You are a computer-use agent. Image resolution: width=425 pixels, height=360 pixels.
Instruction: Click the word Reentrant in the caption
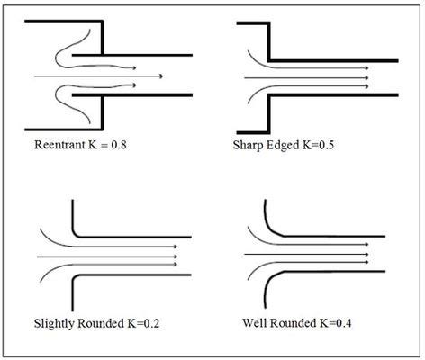coord(57,143)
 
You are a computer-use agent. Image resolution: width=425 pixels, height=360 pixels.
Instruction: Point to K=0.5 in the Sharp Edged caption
coord(334,143)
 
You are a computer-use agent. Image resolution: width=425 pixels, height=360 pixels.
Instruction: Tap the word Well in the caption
coord(258,320)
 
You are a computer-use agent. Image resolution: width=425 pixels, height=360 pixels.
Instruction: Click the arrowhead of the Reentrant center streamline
coord(159,76)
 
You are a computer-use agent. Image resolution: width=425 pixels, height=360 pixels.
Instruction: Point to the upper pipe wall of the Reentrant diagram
coord(135,56)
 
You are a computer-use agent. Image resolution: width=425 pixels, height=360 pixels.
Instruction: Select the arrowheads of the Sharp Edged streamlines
coord(367,78)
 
